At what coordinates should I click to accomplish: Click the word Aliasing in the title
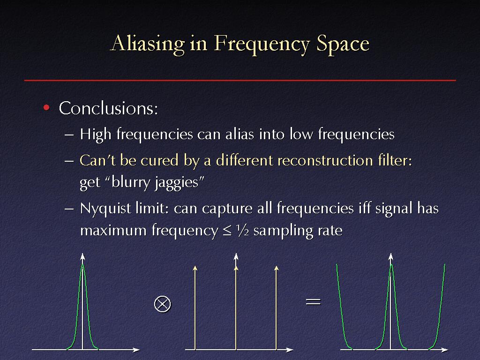point(148,44)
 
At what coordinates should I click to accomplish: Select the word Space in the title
point(343,44)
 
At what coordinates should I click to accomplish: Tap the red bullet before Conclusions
point(46,108)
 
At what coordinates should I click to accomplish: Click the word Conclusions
point(108,108)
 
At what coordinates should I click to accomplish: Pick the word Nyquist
point(105,209)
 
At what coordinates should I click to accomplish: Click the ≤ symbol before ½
point(227,231)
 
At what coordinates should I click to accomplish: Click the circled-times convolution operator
point(163,304)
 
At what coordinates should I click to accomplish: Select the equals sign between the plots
point(313,302)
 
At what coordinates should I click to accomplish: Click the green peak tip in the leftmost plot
point(82,264)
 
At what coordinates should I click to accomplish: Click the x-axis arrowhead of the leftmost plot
point(137,349)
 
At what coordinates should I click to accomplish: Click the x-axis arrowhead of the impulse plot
point(290,349)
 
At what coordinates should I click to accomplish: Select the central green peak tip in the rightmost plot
point(391,264)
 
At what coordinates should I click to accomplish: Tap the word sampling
point(284,231)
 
